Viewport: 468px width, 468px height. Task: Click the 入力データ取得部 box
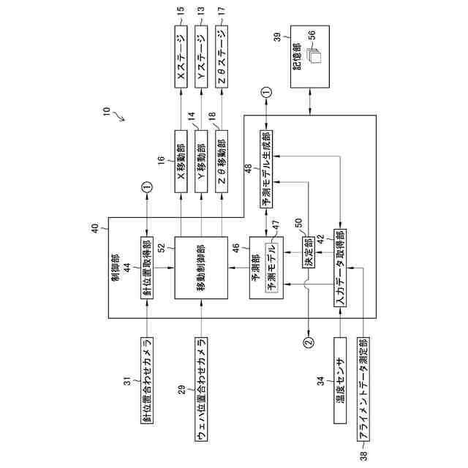pyautogui.click(x=340, y=270)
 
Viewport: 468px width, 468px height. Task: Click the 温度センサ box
pyautogui.click(x=339, y=380)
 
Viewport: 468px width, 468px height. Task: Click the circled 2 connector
pyautogui.click(x=307, y=340)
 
